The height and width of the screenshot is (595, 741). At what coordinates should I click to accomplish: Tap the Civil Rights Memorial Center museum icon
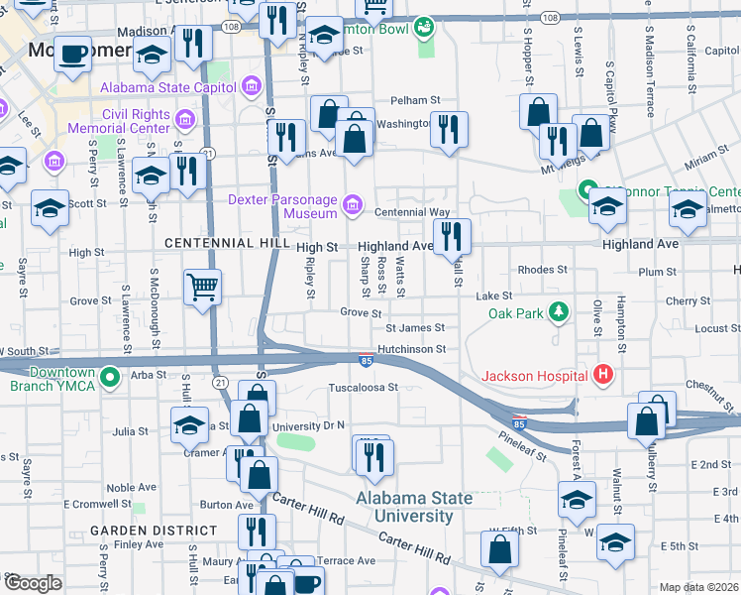[x=184, y=121]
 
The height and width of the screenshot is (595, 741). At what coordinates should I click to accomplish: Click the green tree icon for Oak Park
[x=560, y=313]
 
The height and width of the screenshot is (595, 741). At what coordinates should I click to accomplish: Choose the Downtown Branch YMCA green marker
[x=111, y=378]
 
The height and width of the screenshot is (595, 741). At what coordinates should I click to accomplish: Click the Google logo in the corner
[x=33, y=583]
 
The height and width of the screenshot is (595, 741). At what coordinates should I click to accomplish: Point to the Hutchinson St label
[x=417, y=349]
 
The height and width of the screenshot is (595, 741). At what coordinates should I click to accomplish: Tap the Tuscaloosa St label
[x=363, y=388]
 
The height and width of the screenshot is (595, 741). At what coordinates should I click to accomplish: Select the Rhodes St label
[x=542, y=270]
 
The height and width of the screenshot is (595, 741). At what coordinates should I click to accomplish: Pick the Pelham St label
[x=414, y=100]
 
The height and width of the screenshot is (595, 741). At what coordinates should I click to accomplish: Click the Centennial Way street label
[x=411, y=212]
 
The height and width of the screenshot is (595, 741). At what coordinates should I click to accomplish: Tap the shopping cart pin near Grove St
[x=203, y=288]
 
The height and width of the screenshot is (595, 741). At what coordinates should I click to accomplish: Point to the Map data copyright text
[x=699, y=587]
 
